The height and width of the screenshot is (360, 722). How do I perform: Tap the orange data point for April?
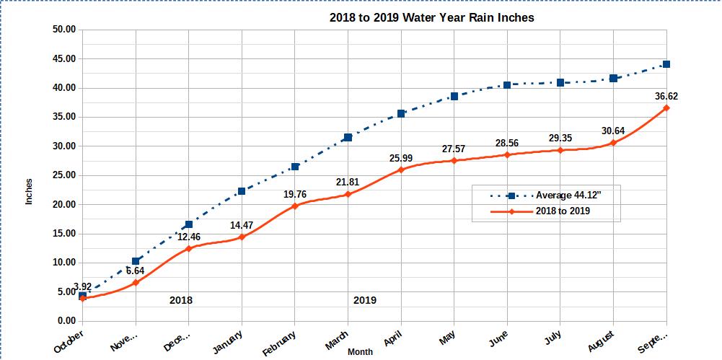(x=401, y=170)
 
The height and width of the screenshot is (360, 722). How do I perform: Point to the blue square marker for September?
(x=666, y=64)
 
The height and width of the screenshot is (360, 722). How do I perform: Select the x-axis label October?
(x=69, y=341)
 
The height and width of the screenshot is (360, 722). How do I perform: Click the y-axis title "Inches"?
(x=30, y=191)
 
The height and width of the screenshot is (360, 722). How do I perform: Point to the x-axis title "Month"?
(x=360, y=352)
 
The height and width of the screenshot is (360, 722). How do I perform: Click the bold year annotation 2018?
(x=180, y=300)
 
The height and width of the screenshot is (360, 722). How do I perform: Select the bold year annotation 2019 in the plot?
(x=364, y=300)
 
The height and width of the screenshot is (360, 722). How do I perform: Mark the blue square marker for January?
(x=242, y=191)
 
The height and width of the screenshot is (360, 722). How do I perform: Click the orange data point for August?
(x=613, y=143)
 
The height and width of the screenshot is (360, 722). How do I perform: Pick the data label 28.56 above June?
(x=507, y=143)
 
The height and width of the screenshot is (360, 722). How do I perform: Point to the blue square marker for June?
(x=507, y=85)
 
